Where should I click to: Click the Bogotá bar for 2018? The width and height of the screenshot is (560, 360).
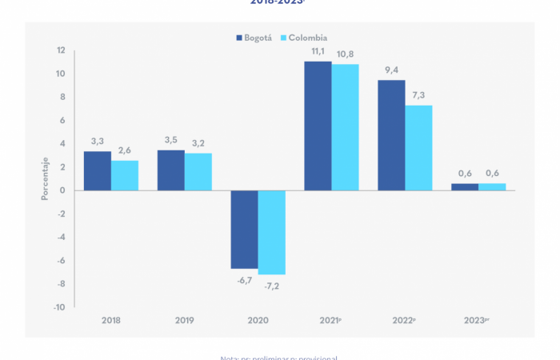click(98, 171)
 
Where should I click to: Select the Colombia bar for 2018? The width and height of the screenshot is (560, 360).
click(125, 175)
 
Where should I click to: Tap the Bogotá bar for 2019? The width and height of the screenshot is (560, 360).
click(171, 170)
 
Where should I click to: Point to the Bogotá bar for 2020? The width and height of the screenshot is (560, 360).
click(245, 230)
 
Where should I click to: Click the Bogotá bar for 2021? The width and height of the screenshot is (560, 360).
click(318, 126)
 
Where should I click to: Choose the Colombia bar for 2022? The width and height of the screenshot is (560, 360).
click(418, 148)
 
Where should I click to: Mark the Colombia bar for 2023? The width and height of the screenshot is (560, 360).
click(492, 187)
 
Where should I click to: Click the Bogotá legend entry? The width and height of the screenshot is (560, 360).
click(254, 38)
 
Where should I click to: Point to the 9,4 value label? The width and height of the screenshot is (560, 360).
click(392, 70)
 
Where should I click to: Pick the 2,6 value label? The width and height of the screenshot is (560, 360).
click(125, 150)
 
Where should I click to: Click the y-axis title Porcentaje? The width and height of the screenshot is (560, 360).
click(45, 178)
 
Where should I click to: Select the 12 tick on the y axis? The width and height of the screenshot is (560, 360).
click(61, 50)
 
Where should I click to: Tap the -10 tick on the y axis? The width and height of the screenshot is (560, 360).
click(59, 307)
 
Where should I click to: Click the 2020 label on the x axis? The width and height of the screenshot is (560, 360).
click(258, 320)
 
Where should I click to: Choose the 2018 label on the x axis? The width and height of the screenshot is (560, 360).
click(111, 320)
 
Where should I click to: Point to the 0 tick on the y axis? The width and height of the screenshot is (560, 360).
click(62, 190)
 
